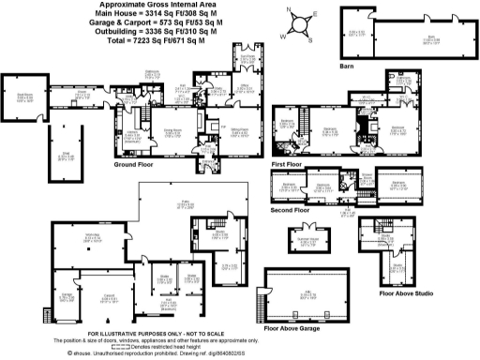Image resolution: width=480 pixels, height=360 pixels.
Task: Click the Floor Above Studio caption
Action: coord(405,292)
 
